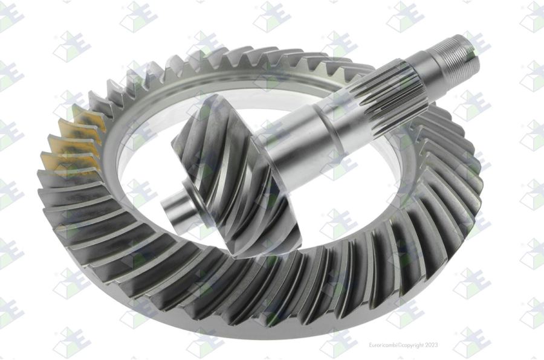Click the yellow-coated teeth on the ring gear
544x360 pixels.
pyautogui.click(x=74, y=139)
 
